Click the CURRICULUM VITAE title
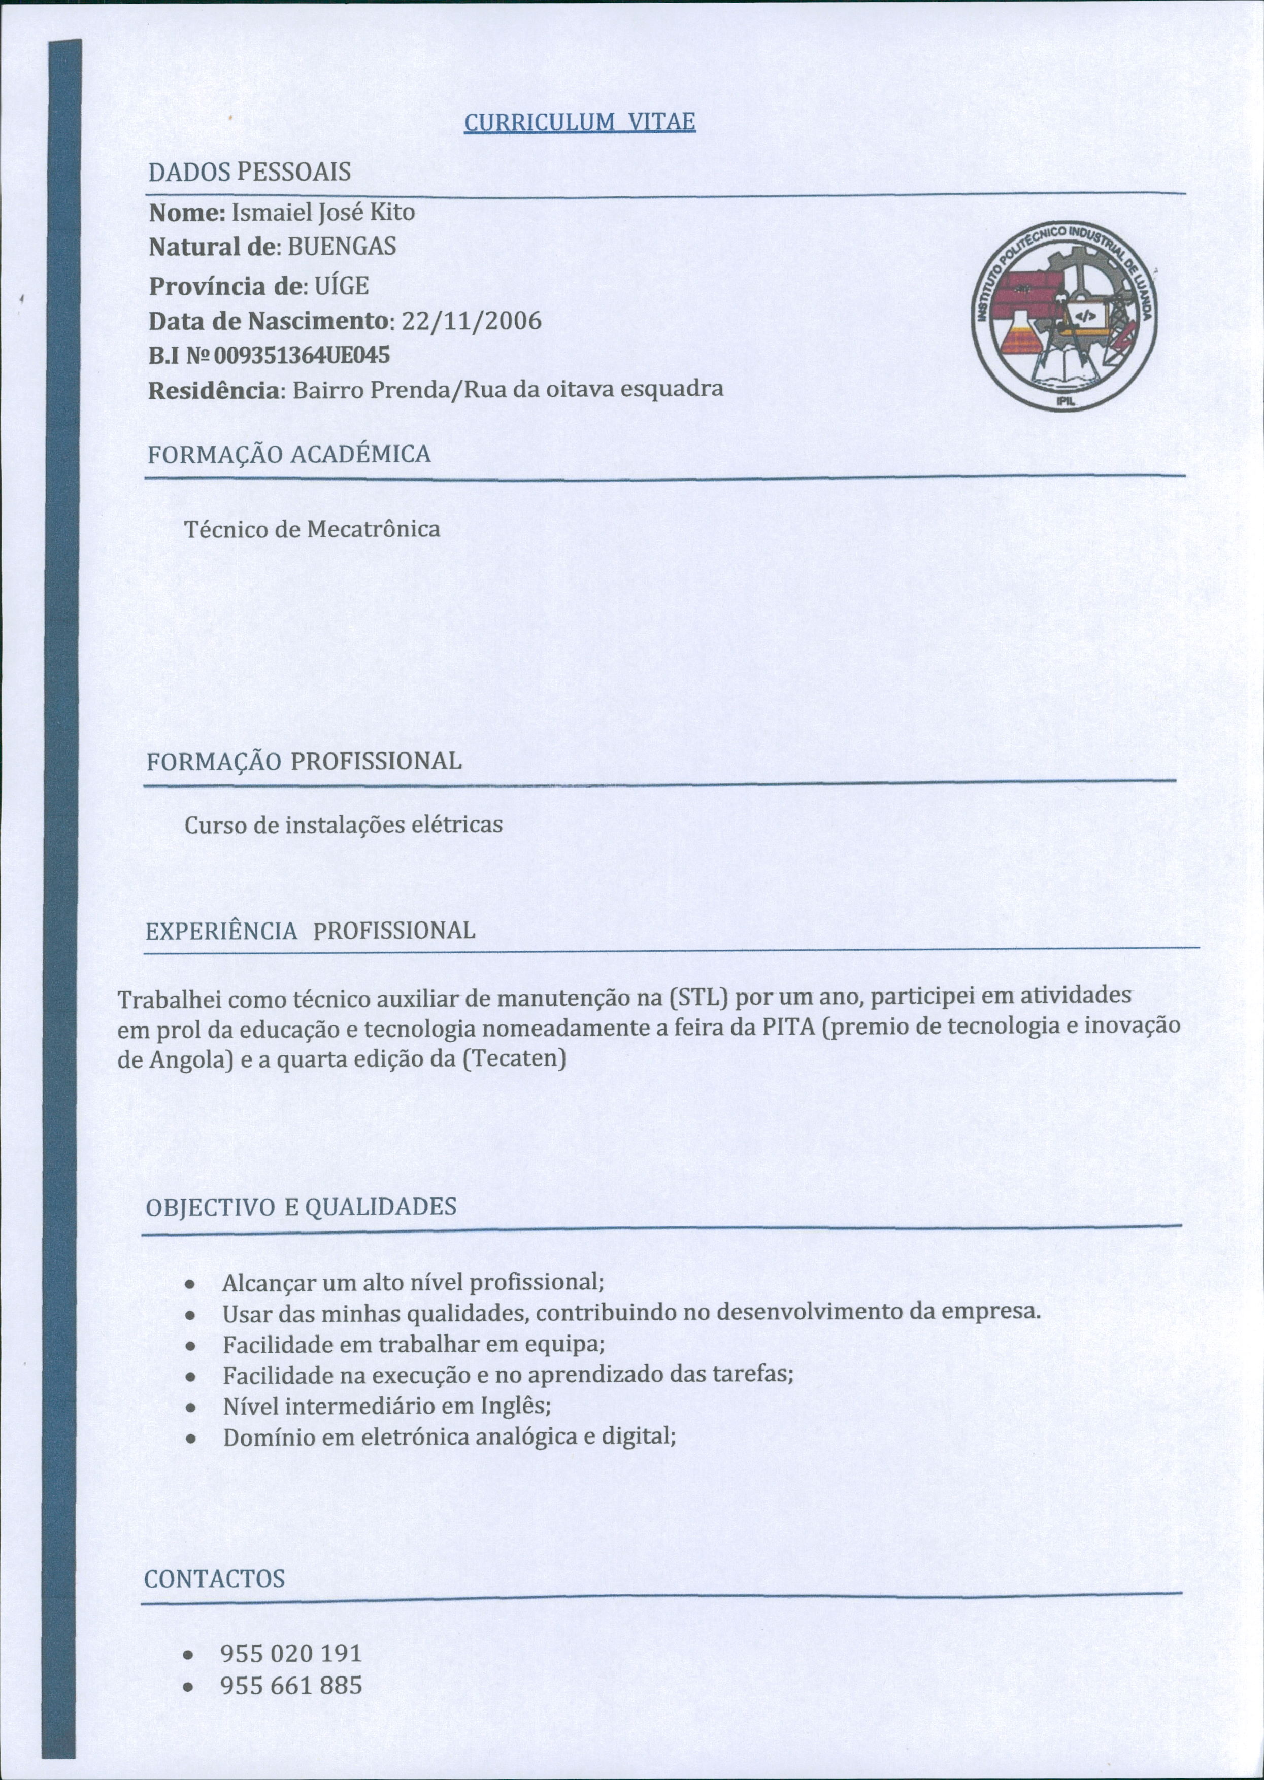(x=579, y=122)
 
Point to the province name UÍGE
(x=342, y=286)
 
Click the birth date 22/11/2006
(x=470, y=321)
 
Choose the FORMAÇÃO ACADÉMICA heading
(x=289, y=454)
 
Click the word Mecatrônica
(x=374, y=529)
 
